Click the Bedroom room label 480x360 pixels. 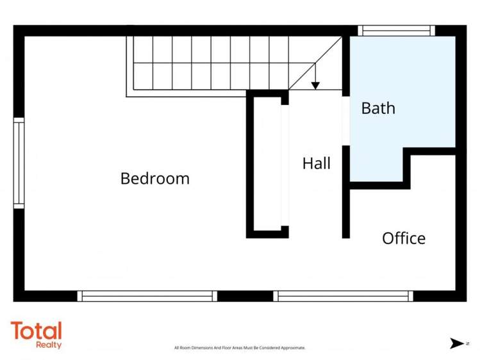(x=155, y=178)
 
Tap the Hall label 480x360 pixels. (x=317, y=163)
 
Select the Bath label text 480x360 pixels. (x=378, y=108)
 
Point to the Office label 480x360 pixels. (x=404, y=238)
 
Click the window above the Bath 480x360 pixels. (x=395, y=30)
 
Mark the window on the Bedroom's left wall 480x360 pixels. (x=19, y=163)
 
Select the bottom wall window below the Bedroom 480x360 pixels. (x=147, y=296)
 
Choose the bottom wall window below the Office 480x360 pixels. (x=342, y=296)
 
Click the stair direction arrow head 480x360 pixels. (x=315, y=85)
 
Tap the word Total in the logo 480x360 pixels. (x=37, y=331)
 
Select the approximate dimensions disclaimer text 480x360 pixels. (x=240, y=348)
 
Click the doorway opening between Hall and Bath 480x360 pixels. (x=346, y=121)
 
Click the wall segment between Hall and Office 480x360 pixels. (x=346, y=211)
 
